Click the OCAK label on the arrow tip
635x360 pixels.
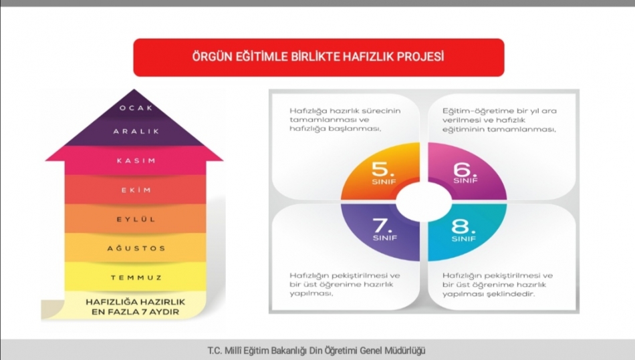point(136,108)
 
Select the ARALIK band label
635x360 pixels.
point(136,132)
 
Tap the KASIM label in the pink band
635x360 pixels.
point(136,160)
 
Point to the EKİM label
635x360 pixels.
point(136,190)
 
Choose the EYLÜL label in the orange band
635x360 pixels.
point(136,219)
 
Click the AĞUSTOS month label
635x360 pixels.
point(136,248)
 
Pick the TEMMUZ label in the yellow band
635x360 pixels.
point(136,278)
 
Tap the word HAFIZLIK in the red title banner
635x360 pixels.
point(368,57)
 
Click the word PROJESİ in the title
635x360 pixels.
point(420,56)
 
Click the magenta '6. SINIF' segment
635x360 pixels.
point(466,172)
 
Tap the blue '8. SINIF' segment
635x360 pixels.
point(466,230)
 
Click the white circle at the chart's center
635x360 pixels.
point(424,202)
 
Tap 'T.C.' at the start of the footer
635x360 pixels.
point(215,351)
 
